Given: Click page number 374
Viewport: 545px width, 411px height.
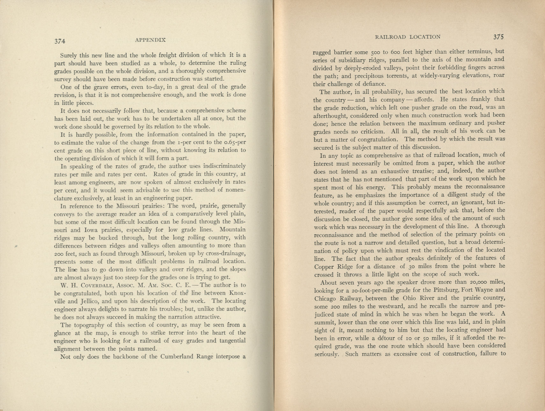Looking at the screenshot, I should pyautogui.click(x=60, y=41).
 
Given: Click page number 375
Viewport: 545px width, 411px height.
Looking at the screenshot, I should pyautogui.click(x=498, y=37).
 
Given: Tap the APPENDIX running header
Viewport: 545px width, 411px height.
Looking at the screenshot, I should pyautogui.click(x=150, y=40).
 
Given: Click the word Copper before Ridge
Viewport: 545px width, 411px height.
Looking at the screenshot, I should pyautogui.click(x=324, y=267).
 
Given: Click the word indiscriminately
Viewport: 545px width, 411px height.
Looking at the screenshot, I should pyautogui.click(x=224, y=166).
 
